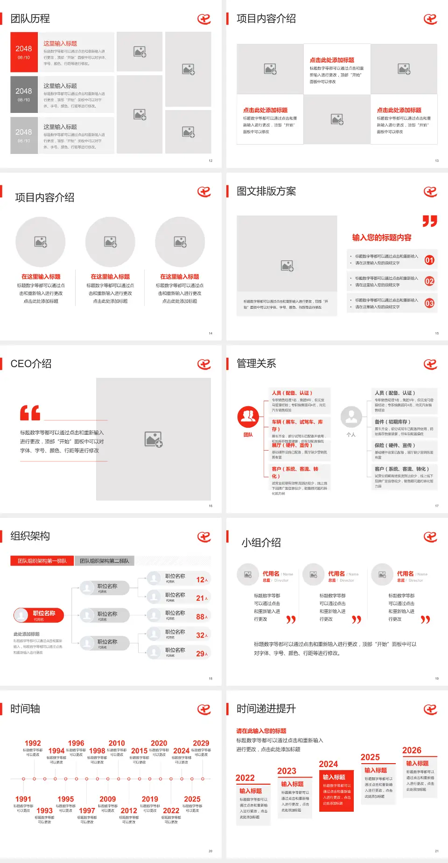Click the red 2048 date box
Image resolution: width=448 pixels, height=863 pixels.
coord(24,52)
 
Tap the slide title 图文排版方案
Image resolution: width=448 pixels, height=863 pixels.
coord(266,191)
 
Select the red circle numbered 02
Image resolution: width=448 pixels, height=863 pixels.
coord(429,281)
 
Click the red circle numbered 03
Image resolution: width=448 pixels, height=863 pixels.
coord(429,303)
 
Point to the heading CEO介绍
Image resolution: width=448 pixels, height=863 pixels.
coord(31,364)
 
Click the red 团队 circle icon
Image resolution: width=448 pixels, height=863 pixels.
coord(248,417)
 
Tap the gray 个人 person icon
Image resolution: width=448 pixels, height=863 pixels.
coord(351,417)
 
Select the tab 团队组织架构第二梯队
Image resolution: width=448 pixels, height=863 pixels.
coord(104,561)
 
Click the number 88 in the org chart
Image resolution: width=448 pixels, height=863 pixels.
coord(200,617)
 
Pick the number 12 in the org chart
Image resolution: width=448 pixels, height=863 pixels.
coord(200,580)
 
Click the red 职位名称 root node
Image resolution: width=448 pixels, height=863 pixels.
coord(39,615)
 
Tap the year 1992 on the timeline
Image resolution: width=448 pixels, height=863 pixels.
coord(33,743)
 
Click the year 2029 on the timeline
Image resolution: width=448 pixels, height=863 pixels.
coord(201,743)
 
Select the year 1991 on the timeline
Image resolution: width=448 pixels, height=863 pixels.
coord(23,799)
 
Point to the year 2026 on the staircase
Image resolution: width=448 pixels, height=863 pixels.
coord(412,750)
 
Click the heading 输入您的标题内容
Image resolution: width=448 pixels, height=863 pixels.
coord(382,237)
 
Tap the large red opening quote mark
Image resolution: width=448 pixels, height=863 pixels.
coord(30,413)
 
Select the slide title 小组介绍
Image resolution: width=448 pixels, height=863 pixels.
coord(261,543)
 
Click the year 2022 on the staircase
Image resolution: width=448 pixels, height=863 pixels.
coord(245,778)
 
